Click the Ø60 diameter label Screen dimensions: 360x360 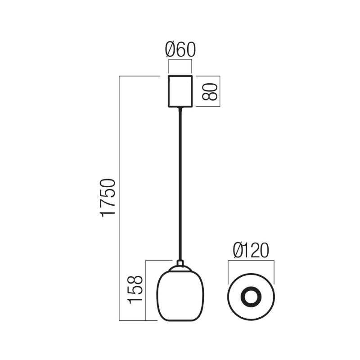pyautogui.click(x=180, y=50)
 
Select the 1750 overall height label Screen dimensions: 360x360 pyautogui.click(x=108, y=198)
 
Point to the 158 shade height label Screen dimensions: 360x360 pyautogui.click(x=136, y=289)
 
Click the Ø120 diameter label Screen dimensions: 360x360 pyautogui.click(x=251, y=250)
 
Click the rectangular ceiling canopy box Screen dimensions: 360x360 pyautogui.click(x=180, y=91)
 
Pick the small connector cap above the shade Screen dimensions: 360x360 pyautogui.click(x=180, y=262)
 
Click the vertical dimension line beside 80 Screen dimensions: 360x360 pyautogui.click(x=220, y=91)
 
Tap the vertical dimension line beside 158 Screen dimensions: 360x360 pyautogui.click(x=146, y=290)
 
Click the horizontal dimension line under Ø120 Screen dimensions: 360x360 pyautogui.click(x=251, y=260)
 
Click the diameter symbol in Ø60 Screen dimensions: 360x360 pyautogui.click(x=171, y=50)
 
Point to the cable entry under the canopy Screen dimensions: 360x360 pyautogui.click(x=180, y=108)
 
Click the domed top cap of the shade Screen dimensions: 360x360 pyautogui.click(x=180, y=269)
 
